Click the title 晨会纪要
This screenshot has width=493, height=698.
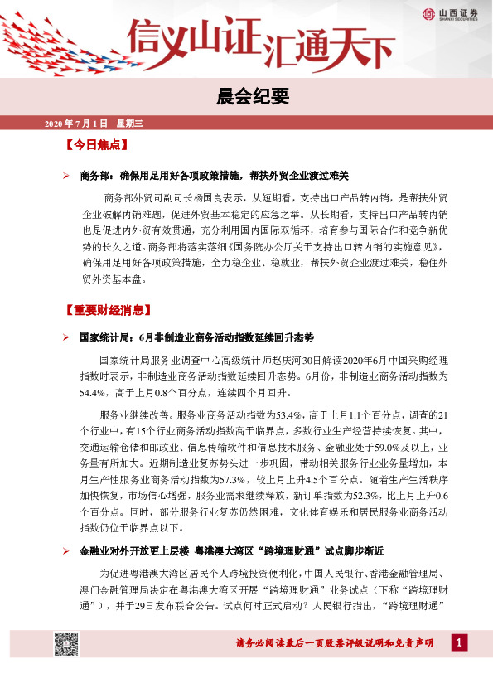[x=246, y=97]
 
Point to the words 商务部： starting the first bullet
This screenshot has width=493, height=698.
[x=99, y=176]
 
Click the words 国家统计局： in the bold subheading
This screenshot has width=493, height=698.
[x=104, y=337]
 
